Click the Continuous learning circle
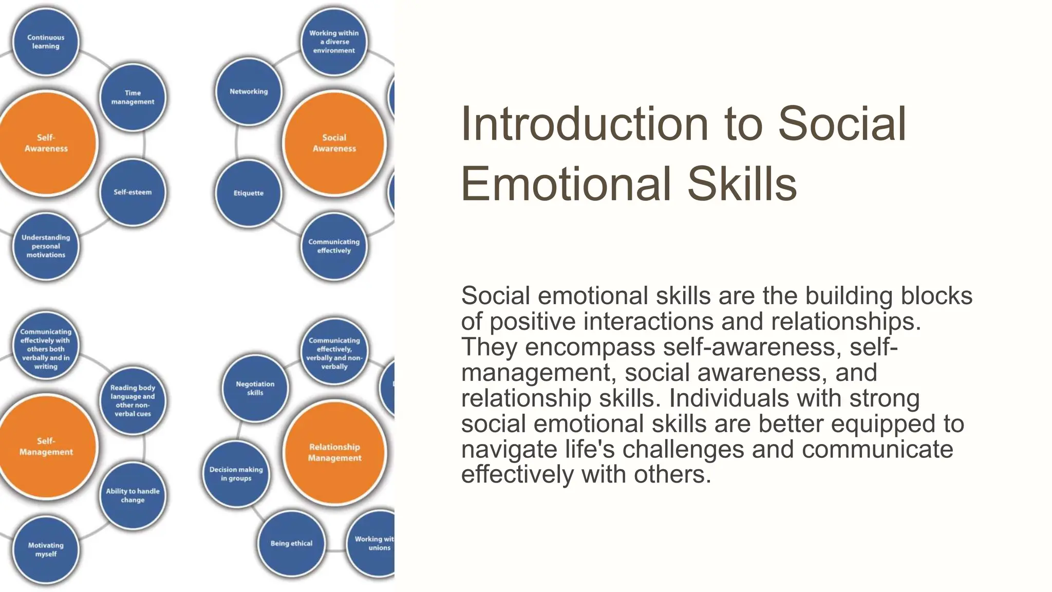46,42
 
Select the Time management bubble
133,97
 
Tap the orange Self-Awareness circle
46,143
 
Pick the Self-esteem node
133,192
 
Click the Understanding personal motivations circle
46,246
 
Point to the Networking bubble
249,91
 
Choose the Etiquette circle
249,193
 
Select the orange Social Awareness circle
334,143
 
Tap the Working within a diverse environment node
334,42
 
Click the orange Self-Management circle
46,447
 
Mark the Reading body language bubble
133,400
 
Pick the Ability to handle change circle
133,495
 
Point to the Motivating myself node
46,550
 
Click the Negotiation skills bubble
255,388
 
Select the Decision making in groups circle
236,474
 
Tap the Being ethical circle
291,543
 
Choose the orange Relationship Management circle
334,452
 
